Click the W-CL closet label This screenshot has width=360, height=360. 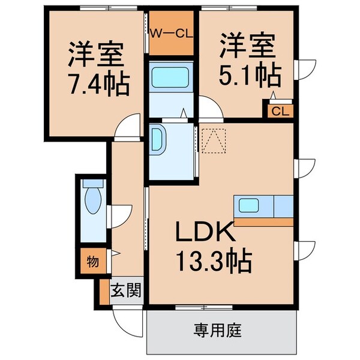(x=170, y=34)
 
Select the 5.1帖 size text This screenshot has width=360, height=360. (x=250, y=75)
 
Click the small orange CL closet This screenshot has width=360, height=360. (x=279, y=111)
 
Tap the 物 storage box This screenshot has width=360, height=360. (x=94, y=262)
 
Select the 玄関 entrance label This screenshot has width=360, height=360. (x=126, y=292)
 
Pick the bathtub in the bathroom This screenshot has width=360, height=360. (x=171, y=79)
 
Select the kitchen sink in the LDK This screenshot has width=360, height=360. (x=248, y=206)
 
